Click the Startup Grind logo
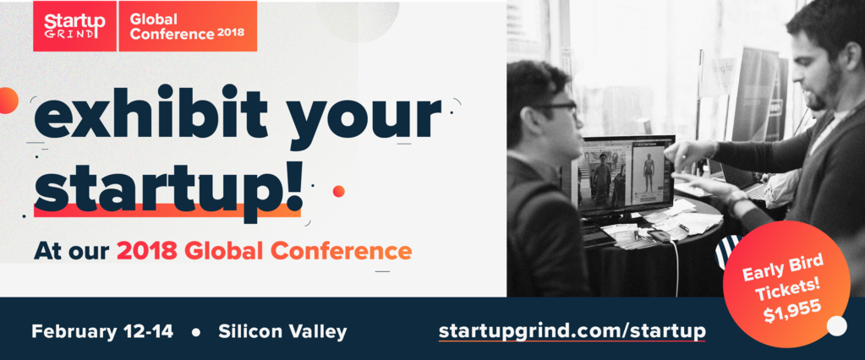74,26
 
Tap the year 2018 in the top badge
231,32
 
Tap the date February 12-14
102,331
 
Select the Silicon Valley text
282,331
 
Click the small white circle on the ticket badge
837,326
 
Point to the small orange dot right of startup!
339,191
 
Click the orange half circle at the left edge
8,101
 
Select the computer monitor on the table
627,174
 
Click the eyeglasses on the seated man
556,109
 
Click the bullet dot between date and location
196,332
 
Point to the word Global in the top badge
145,19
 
